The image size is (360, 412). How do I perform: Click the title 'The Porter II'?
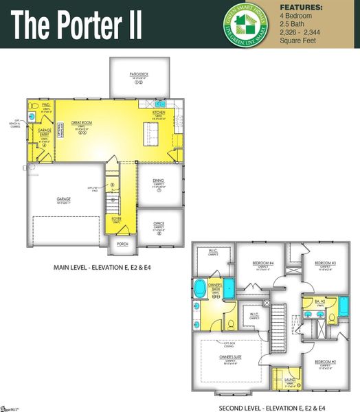coord(77,25)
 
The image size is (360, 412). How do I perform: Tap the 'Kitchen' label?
coord(159,112)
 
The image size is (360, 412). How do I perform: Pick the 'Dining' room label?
coord(158,181)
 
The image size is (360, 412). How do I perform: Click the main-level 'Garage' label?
coord(64,198)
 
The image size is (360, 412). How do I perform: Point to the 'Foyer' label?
coord(117,220)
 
